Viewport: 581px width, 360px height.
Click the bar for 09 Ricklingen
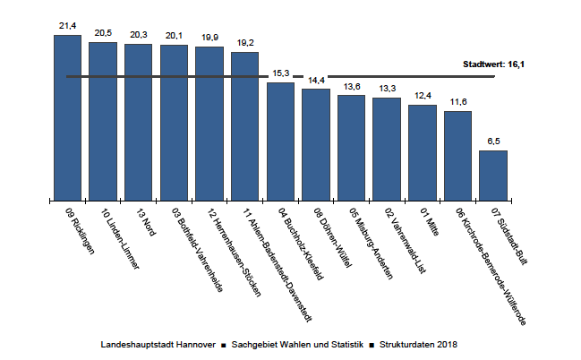(67, 118)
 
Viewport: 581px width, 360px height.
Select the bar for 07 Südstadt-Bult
(493, 176)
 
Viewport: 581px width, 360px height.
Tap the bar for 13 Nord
(138, 123)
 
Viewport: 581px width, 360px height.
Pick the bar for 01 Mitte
(423, 153)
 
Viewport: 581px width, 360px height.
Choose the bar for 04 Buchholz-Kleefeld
(280, 141)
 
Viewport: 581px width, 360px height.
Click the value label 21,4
(67, 26)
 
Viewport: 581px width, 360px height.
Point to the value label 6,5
(493, 141)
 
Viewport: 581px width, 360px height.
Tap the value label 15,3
(281, 73)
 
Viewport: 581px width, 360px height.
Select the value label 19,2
(245, 43)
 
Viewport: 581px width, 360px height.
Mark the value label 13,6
(352, 86)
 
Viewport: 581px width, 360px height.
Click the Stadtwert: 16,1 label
(493, 64)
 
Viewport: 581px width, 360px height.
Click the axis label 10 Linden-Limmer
(120, 238)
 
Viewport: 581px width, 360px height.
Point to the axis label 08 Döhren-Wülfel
(332, 237)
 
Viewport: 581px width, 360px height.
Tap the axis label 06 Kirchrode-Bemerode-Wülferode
(491, 266)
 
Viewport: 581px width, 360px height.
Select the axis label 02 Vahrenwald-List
(405, 240)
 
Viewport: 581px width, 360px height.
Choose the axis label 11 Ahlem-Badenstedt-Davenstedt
(278, 265)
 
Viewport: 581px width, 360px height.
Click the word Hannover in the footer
(196, 345)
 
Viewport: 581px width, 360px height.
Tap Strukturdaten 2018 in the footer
(418, 345)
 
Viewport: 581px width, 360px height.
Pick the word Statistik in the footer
(347, 345)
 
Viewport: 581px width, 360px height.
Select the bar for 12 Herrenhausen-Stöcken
(209, 124)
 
